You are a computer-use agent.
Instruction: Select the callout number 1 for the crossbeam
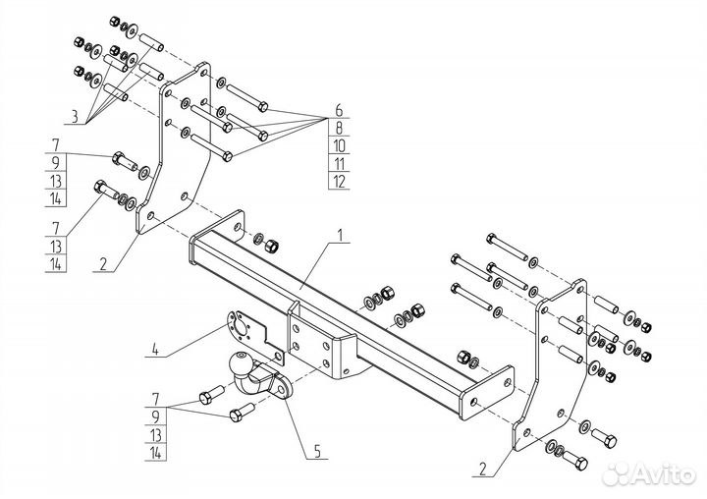coord(341,235)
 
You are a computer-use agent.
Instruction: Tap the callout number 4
coord(155,350)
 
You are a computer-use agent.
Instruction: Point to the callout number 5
coord(317,451)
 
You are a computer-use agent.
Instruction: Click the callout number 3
coord(75,116)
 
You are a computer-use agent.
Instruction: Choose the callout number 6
coord(339,110)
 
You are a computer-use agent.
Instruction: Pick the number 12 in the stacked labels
coord(339,182)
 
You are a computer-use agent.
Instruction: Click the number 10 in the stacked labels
coord(339,145)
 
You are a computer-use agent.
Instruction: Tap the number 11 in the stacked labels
coord(339,163)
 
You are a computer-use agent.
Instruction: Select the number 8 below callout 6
coord(339,128)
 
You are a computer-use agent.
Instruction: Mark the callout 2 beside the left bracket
coord(103,264)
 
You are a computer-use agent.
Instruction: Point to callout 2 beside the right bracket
coord(483,470)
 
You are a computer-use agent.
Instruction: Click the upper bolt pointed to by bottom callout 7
coord(211,394)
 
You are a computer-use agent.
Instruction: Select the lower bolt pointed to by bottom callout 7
coord(243,413)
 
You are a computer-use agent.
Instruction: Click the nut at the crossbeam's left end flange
coord(271,246)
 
